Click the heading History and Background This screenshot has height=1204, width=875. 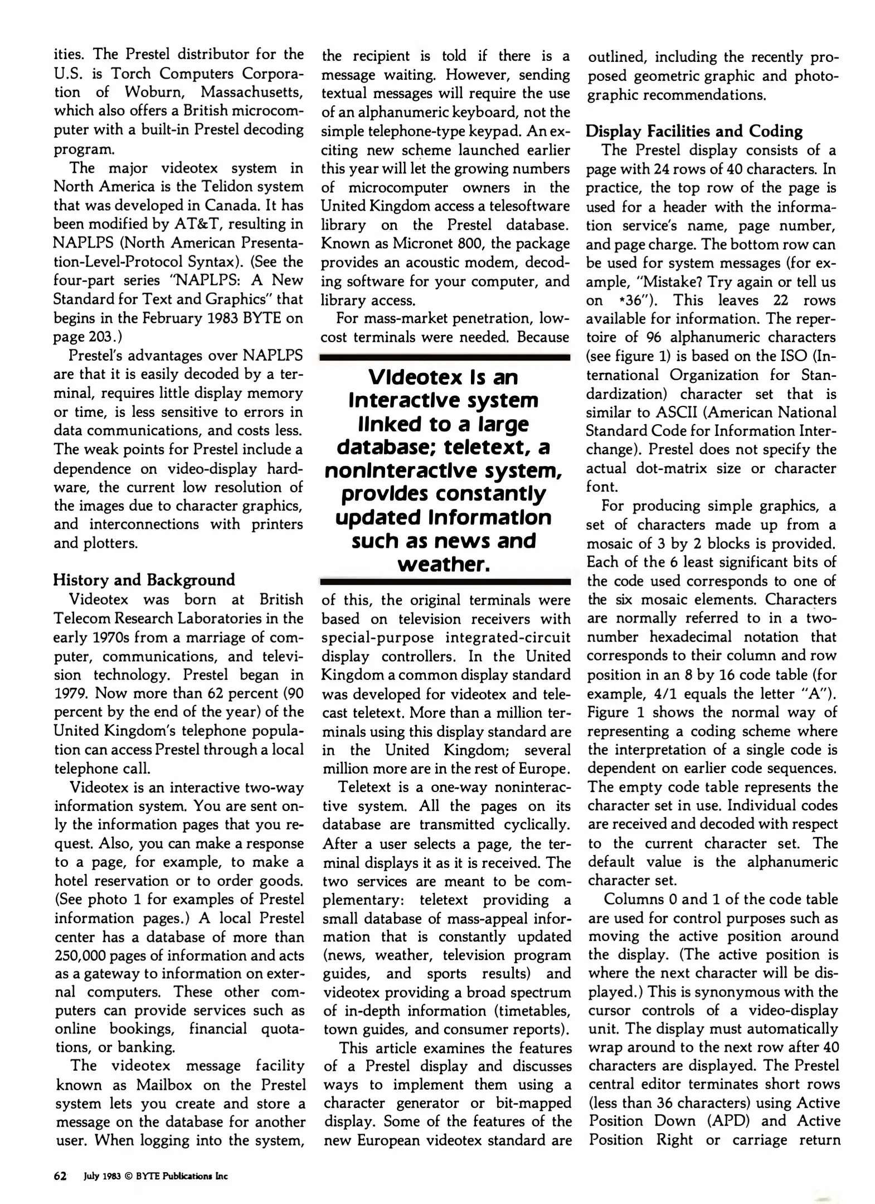pos(144,580)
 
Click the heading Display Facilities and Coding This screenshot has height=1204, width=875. pos(694,132)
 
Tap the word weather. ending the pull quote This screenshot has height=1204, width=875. pos(444,564)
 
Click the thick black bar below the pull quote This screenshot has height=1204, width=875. pos(445,582)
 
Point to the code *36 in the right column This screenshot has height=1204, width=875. pos(634,300)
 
